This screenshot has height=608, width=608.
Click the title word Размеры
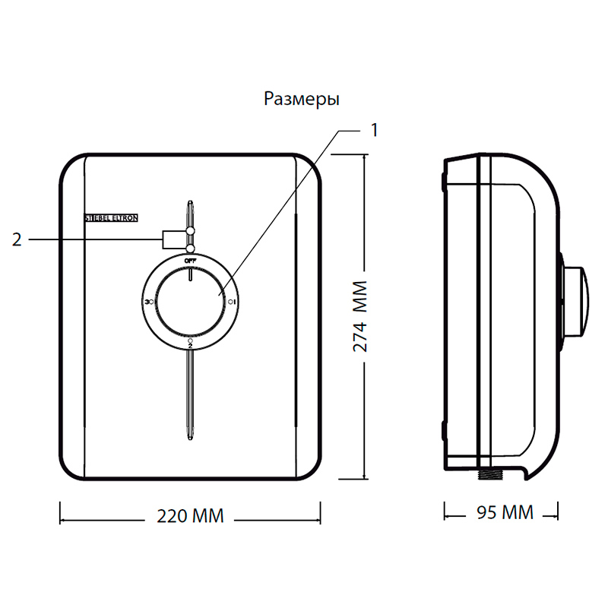pyautogui.click(x=302, y=100)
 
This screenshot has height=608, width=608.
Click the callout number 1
pyautogui.click(x=374, y=129)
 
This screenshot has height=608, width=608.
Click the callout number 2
pyautogui.click(x=17, y=240)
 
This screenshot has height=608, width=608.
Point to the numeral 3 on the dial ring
pyautogui.click(x=146, y=302)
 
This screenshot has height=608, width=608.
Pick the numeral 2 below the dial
pyautogui.click(x=190, y=346)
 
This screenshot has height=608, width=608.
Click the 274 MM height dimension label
pyautogui.click(x=361, y=316)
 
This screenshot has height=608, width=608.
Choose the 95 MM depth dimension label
pyautogui.click(x=505, y=512)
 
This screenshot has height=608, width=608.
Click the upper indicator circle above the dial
pyautogui.click(x=191, y=230)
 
